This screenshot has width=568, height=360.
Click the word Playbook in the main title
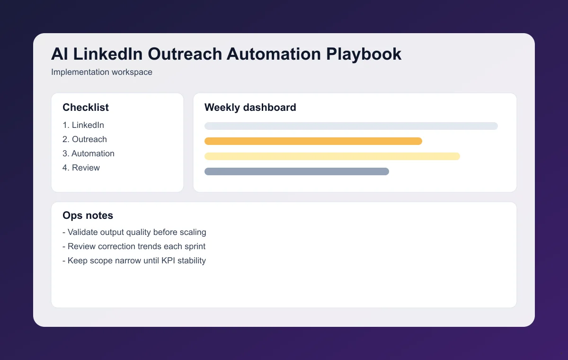coord(364,54)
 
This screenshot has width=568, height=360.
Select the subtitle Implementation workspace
coord(101,72)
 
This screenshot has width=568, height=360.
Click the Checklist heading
coord(86,108)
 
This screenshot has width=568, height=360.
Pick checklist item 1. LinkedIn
coord(83,125)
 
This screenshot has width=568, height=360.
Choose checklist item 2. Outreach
coord(85,139)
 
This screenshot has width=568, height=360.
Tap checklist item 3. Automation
coord(89,153)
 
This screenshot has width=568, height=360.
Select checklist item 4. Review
coord(81,168)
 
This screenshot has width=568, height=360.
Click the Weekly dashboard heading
coord(250,108)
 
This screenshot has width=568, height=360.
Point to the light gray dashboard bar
coord(351,126)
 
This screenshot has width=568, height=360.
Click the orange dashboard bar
coord(313,141)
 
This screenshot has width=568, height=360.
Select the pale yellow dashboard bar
coord(332,156)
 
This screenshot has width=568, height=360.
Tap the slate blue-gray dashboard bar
coord(296,171)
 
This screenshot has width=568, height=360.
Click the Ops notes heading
coord(88,216)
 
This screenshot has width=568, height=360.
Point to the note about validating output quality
coord(134,232)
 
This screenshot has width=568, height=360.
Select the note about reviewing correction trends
coord(134,246)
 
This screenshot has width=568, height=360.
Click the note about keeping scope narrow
coord(134,261)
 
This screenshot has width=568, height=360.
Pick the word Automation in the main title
coord(274,54)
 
